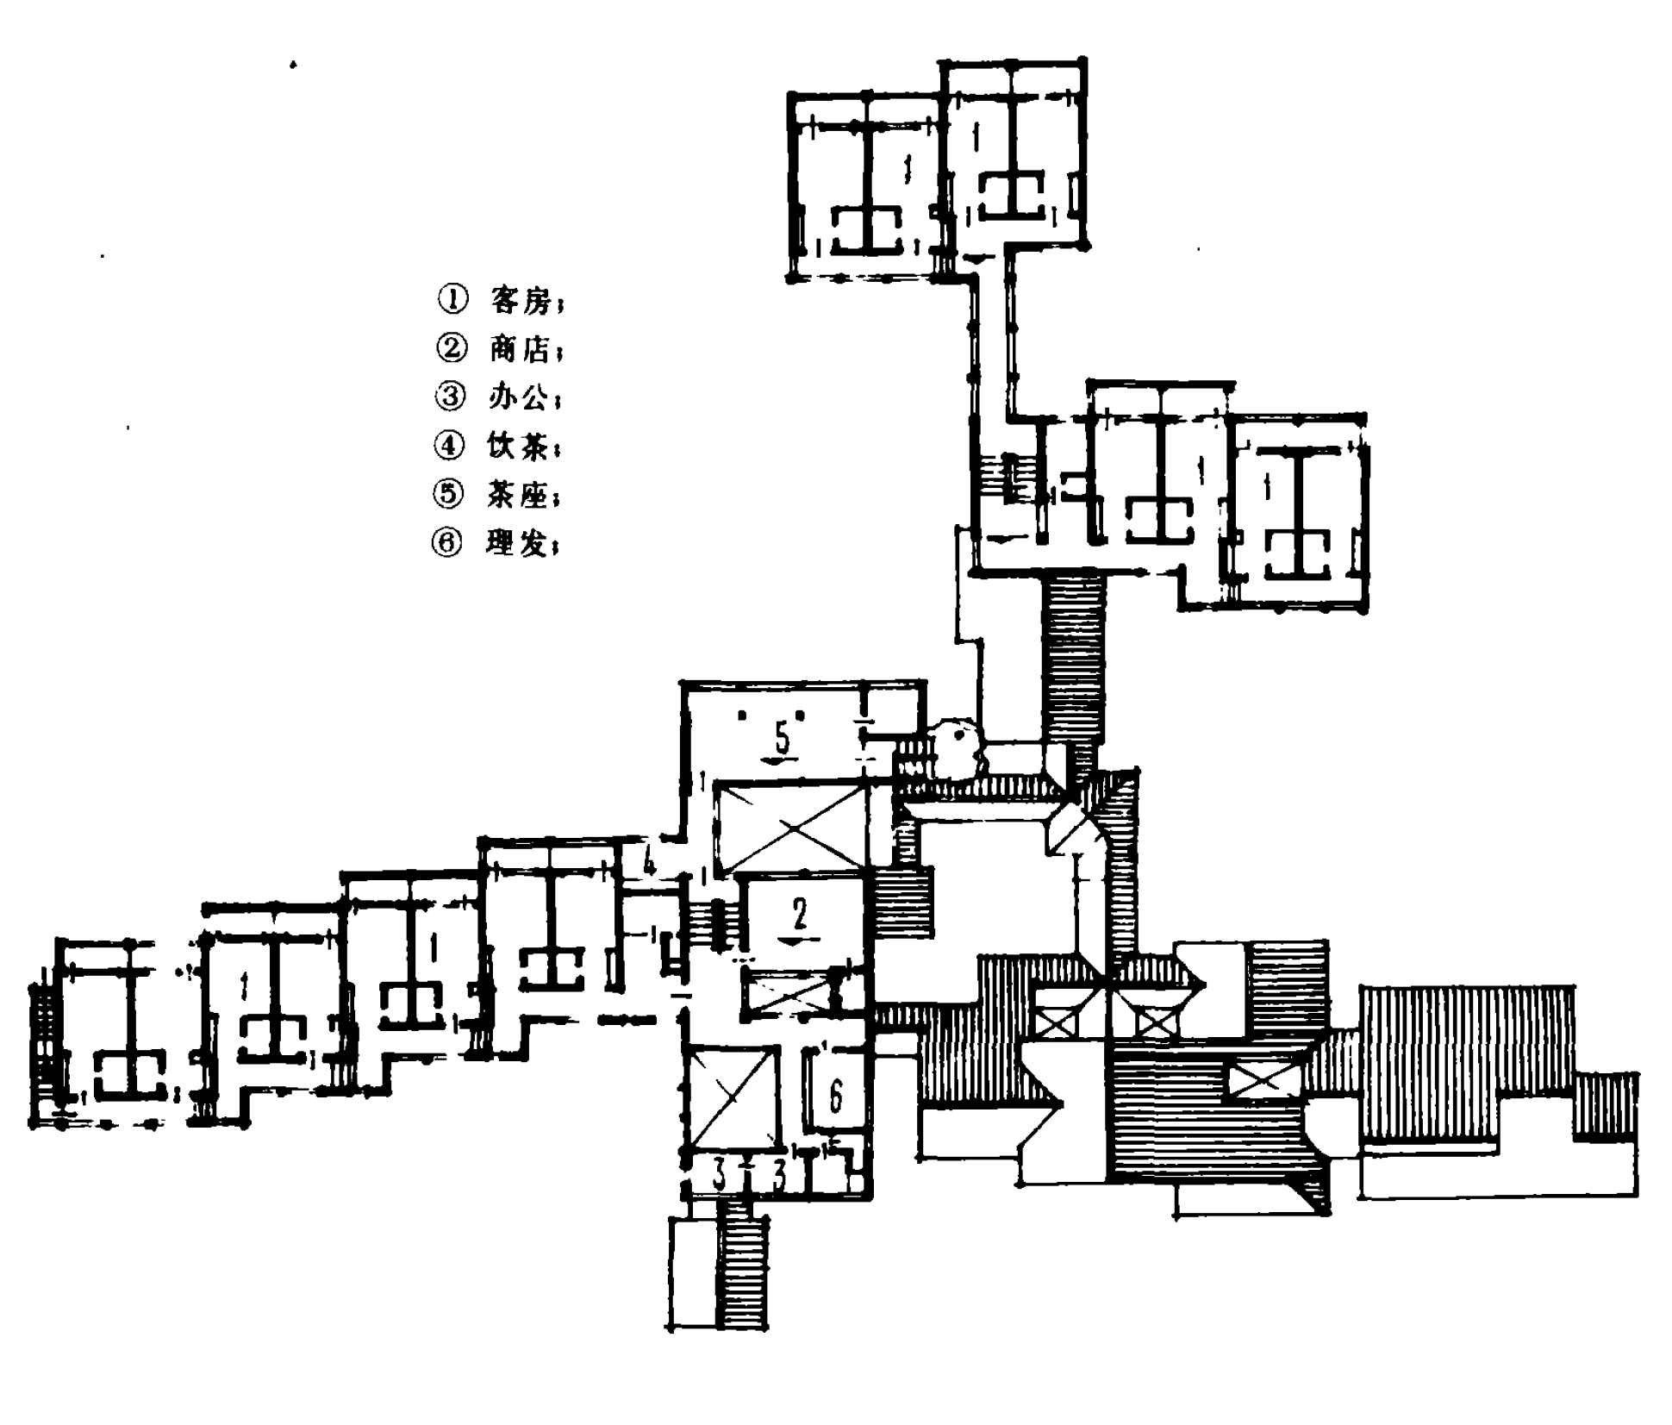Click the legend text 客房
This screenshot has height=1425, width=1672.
520,301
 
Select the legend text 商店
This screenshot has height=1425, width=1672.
520,349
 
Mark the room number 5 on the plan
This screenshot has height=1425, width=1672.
782,738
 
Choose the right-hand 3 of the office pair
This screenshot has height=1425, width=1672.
779,1176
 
